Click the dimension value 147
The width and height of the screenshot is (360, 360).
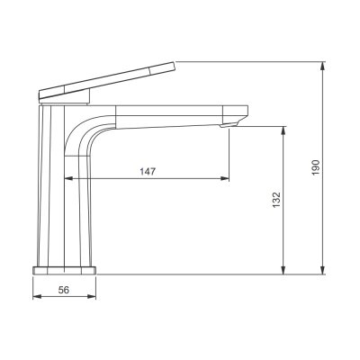144,171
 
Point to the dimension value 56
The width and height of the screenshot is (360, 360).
63,291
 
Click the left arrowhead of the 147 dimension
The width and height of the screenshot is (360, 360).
68,179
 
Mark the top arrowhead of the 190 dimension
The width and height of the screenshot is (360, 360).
323,67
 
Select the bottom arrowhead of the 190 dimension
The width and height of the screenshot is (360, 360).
323,270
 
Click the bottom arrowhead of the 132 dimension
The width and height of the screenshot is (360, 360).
284,270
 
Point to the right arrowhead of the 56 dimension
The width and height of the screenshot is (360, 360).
93,300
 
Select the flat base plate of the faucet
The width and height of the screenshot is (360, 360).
64,269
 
